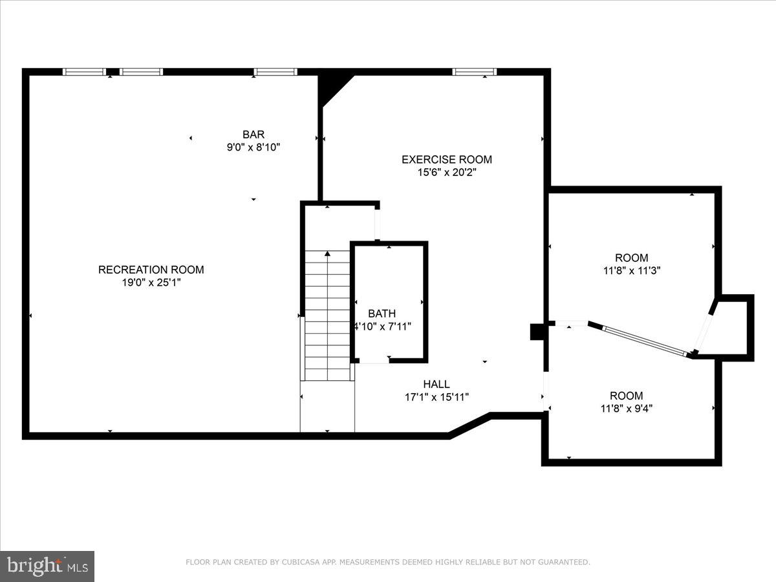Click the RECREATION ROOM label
(151, 270)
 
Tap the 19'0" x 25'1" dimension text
(151, 283)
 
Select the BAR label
(253, 135)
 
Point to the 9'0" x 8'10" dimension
(253, 147)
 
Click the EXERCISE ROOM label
(446, 159)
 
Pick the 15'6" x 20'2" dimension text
(446, 172)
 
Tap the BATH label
(382, 314)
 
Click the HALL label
(436, 384)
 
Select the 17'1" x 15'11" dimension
(436, 397)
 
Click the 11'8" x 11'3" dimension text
(631, 271)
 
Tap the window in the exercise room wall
(474, 72)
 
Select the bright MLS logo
(47, 566)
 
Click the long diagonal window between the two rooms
(643, 340)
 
